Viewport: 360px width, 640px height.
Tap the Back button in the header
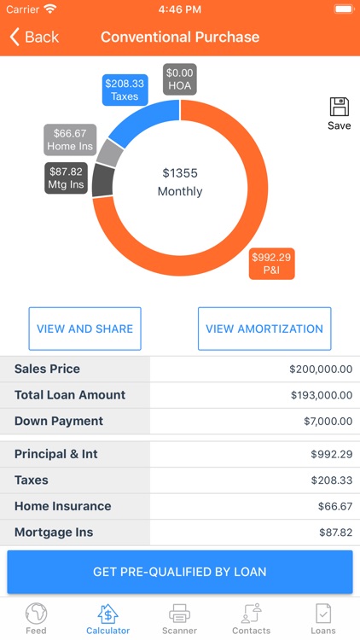(34, 37)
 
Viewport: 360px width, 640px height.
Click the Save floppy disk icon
(339, 108)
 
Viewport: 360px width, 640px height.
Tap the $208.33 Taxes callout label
(125, 89)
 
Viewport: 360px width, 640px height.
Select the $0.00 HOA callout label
(180, 79)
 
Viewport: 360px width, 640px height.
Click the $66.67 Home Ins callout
(70, 140)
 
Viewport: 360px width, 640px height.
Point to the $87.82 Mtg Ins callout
(66, 177)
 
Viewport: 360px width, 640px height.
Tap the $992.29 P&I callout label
(271, 263)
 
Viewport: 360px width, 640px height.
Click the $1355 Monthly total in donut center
(180, 182)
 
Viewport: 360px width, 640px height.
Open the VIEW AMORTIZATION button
(264, 329)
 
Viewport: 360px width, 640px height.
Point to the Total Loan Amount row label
(70, 395)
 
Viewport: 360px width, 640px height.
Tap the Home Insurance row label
(63, 506)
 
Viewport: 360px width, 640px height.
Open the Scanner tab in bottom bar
(179, 619)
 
